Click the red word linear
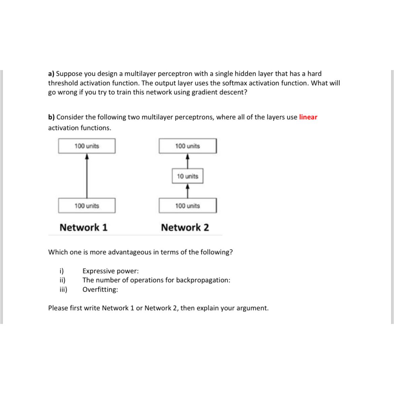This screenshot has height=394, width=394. click(308, 117)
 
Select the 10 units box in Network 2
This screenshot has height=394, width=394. click(188, 176)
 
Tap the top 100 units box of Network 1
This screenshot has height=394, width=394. click(87, 146)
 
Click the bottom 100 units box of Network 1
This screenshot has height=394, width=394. click(87, 206)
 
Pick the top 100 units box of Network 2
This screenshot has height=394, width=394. click(188, 146)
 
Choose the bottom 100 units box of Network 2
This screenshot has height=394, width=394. click(188, 206)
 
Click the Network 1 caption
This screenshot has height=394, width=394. click(84, 228)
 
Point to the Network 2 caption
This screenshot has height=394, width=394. click(185, 228)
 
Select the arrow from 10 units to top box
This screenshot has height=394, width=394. click(188, 161)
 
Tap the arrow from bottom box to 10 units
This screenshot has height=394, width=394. click(188, 191)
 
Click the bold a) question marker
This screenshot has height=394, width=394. click(51, 74)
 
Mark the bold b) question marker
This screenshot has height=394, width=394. click(51, 117)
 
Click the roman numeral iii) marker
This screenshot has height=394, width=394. click(63, 290)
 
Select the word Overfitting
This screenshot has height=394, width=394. click(100, 290)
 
